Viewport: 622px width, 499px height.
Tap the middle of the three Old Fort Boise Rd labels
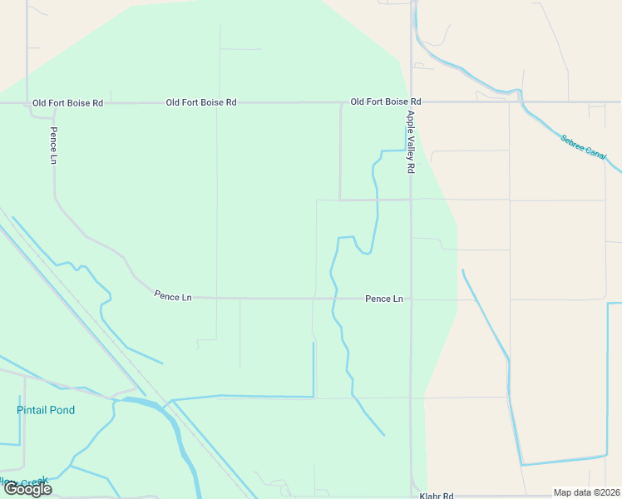click(201, 102)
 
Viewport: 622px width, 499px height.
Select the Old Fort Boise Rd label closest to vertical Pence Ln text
click(67, 103)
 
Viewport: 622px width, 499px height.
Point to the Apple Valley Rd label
click(410, 142)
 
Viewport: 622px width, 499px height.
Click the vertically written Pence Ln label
click(53, 145)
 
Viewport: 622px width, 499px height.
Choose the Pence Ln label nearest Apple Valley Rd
click(383, 299)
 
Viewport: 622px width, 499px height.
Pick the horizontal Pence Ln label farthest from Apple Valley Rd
click(172, 296)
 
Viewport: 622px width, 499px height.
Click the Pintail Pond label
click(46, 410)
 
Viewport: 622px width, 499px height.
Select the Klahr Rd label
click(437, 494)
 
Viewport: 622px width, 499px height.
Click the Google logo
click(27, 489)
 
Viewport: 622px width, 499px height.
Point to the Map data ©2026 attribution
click(586, 492)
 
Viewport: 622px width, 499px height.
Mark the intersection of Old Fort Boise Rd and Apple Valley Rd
click(412, 102)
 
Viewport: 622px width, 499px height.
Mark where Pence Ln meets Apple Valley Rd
click(411, 299)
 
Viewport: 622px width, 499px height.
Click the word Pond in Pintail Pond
click(62, 410)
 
